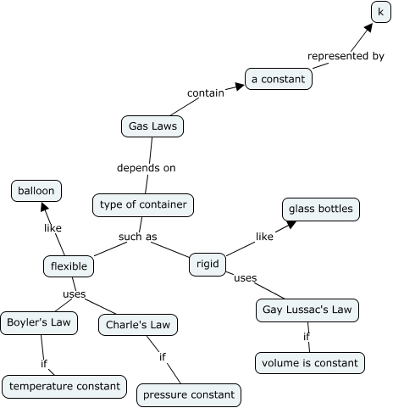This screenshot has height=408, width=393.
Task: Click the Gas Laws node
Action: tap(152, 126)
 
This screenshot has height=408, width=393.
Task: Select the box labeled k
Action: tap(381, 12)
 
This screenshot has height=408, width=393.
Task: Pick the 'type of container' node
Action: tap(143, 204)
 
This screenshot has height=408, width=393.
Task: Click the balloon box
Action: tap(36, 191)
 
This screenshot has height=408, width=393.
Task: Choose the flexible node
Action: tap(69, 266)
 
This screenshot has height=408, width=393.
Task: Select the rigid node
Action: tap(208, 264)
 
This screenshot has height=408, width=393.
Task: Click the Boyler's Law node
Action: tap(39, 322)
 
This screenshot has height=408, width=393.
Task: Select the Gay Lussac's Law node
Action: tap(307, 310)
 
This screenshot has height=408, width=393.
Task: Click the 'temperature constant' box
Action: tap(65, 386)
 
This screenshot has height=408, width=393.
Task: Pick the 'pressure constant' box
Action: tap(189, 394)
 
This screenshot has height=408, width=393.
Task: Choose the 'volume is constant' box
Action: tap(310, 363)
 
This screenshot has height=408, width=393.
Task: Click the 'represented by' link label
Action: tap(346, 57)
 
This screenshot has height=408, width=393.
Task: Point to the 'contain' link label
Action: tap(205, 92)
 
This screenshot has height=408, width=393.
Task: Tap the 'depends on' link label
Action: tap(147, 167)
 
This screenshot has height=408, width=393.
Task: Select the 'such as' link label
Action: tap(138, 237)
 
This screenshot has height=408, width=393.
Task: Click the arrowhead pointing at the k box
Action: tap(368, 26)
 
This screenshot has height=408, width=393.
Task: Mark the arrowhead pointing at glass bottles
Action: tap(291, 224)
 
